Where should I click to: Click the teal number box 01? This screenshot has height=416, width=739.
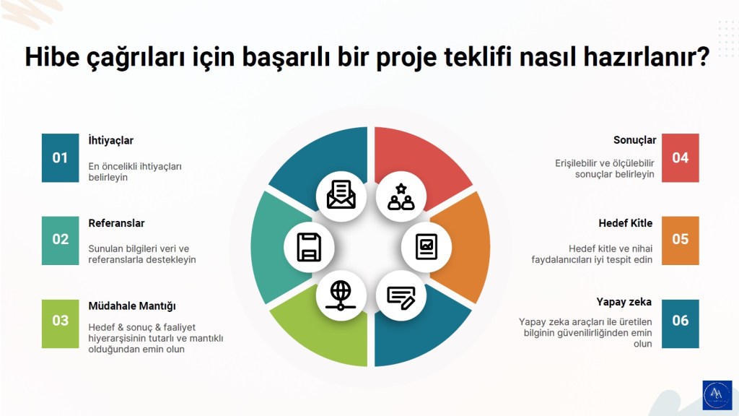click(60, 157)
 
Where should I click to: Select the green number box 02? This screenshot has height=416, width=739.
click(60, 239)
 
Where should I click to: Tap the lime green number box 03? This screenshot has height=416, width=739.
click(60, 321)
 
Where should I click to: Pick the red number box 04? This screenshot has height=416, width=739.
click(680, 157)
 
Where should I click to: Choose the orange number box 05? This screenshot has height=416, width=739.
click(680, 239)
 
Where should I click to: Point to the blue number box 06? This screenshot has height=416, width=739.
click(680, 321)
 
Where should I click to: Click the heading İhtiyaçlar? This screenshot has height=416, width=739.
click(110, 141)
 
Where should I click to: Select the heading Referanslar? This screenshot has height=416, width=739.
click(116, 223)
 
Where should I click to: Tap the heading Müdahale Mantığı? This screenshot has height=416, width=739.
click(132, 305)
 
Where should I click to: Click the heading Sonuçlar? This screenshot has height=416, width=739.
click(634, 139)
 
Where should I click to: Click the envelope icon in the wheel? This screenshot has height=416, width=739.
click(341, 195)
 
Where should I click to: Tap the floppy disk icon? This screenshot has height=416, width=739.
click(309, 247)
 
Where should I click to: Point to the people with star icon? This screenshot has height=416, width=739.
click(401, 196)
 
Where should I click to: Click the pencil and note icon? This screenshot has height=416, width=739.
click(401, 296)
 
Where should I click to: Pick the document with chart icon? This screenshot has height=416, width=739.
click(426, 247)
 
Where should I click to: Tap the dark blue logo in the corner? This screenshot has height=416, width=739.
click(717, 395)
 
